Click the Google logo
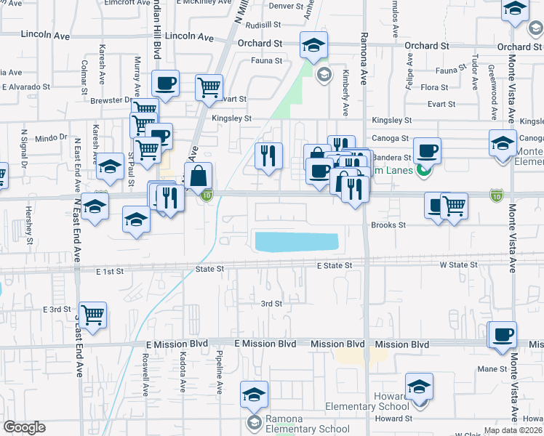[24, 427]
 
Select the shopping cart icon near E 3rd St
[93, 315]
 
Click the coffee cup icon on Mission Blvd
[503, 335]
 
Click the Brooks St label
[389, 225]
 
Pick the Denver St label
[286, 6]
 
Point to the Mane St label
[492, 369]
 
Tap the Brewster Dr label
[110, 100]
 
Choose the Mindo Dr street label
[50, 137]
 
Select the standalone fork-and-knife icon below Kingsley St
[268, 156]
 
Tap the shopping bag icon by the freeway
[198, 176]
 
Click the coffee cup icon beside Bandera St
[427, 150]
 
